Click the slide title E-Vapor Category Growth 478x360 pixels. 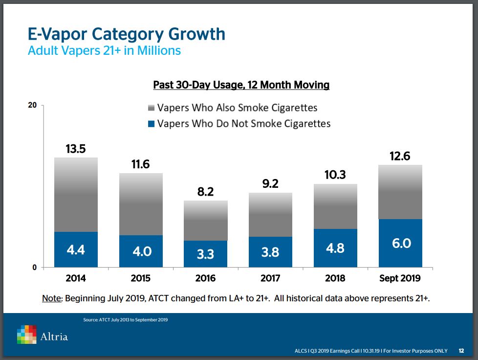coord(127,34)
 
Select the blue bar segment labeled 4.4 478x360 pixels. coord(76,249)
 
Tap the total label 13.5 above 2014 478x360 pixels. coord(76,149)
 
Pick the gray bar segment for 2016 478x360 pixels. coord(206,221)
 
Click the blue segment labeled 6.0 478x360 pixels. coord(401,243)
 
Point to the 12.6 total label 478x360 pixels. coord(401,156)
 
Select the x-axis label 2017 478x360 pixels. coord(270,278)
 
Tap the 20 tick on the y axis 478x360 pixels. coord(34,105)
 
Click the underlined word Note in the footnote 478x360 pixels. coord(52,298)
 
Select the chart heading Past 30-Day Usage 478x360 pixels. coord(241,85)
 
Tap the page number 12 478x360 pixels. coord(461,351)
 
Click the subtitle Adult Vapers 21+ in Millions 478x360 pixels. coord(104,50)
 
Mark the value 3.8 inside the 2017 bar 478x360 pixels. coord(270,252)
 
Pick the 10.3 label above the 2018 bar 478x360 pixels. coord(335,175)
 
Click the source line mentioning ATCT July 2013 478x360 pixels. coord(126,320)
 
